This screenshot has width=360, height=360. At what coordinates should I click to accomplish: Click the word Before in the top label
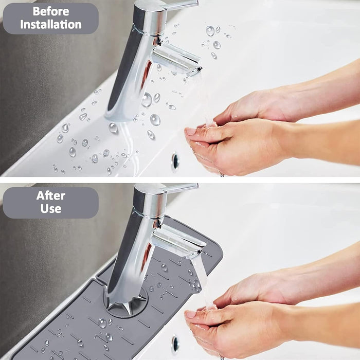[x=51, y=11]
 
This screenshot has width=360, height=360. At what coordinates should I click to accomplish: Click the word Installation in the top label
[x=51, y=25]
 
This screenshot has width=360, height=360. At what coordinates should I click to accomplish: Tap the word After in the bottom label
[x=51, y=196]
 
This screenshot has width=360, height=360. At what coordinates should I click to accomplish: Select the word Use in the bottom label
[x=51, y=208]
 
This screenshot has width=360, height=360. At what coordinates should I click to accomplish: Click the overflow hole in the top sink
[x=175, y=160]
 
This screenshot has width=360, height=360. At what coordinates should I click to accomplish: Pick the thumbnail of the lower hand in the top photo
[x=190, y=132]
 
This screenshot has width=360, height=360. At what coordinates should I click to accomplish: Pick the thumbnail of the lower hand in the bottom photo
[x=190, y=314]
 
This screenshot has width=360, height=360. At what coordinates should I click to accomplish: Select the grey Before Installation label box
[x=51, y=19]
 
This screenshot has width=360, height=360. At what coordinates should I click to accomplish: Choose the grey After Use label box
[x=51, y=203]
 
